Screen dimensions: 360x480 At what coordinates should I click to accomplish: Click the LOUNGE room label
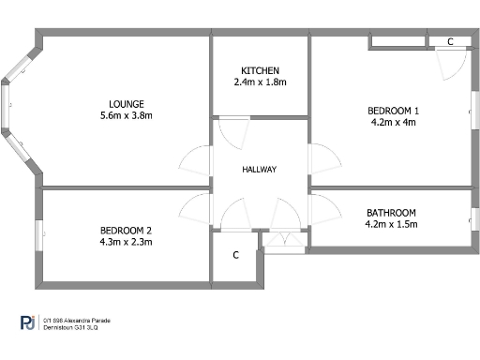click(x=126, y=103)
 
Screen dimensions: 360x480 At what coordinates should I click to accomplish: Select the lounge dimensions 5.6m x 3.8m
click(x=126, y=115)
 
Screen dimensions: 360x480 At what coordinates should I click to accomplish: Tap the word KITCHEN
click(x=260, y=71)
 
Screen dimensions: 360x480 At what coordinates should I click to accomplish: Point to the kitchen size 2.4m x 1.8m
click(x=260, y=82)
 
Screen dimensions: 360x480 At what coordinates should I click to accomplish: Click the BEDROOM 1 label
click(x=393, y=111)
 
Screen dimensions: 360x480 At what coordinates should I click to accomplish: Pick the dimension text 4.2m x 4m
click(x=393, y=122)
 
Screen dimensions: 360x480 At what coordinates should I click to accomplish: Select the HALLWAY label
click(x=259, y=169)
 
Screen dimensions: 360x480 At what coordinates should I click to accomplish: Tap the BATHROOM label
click(x=391, y=213)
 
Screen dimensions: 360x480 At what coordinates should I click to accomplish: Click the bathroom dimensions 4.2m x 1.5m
click(x=391, y=224)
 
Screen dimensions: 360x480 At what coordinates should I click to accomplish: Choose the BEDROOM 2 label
click(x=126, y=230)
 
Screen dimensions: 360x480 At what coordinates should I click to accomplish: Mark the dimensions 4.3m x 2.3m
click(x=126, y=242)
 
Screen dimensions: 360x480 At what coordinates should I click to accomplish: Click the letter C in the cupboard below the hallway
click(x=236, y=254)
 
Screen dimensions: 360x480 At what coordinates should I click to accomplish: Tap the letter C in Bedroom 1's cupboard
click(x=450, y=42)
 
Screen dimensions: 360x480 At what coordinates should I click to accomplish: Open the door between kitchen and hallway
click(x=231, y=130)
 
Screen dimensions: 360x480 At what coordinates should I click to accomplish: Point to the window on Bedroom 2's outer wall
click(x=38, y=234)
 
